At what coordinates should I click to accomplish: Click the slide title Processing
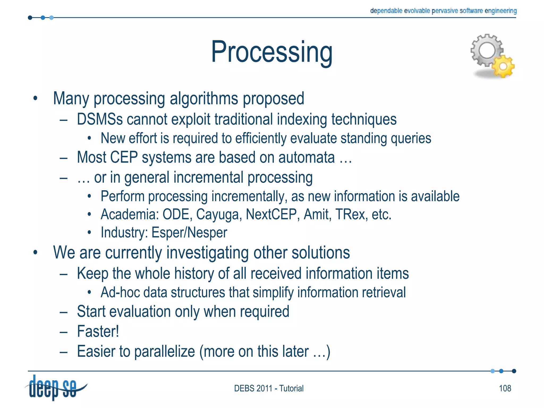click(x=271, y=52)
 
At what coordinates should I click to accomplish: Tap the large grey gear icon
click(x=487, y=50)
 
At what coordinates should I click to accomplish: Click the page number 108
click(x=505, y=388)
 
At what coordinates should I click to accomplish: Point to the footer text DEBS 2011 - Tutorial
click(x=269, y=388)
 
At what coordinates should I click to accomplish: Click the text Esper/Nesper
click(x=189, y=233)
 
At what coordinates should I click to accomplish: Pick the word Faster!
click(x=98, y=331)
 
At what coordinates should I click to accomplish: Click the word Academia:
click(x=130, y=214)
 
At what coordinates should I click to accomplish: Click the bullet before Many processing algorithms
click(x=35, y=99)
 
